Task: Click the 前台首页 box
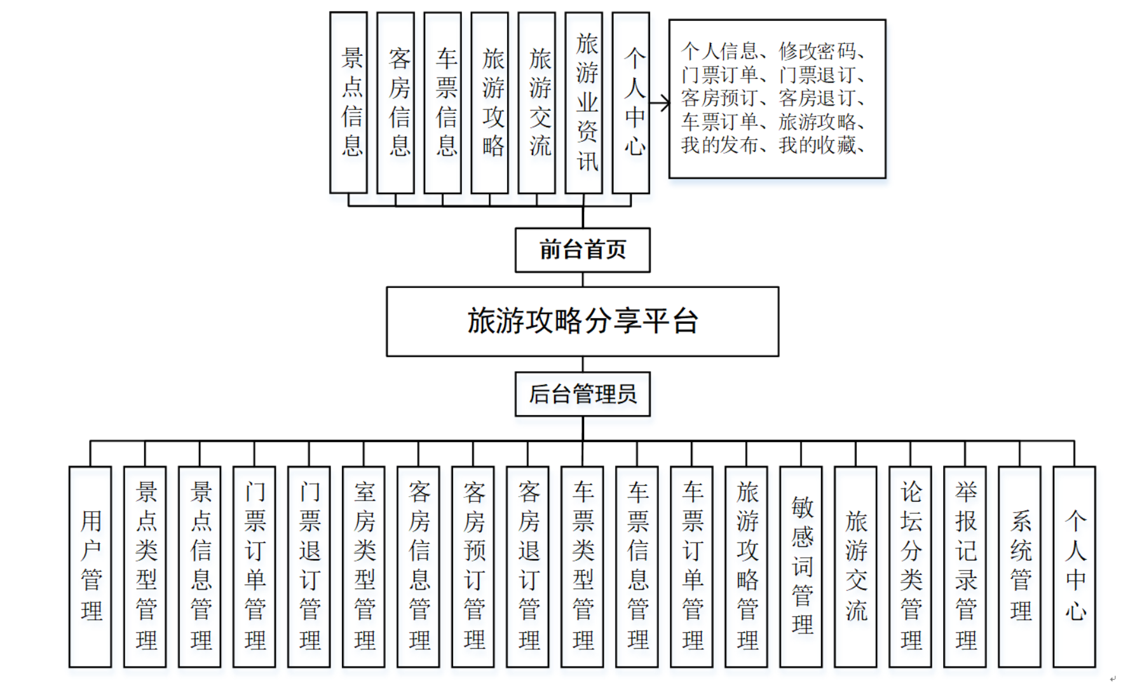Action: (x=582, y=250)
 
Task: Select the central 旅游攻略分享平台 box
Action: (x=582, y=321)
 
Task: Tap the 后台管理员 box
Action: (x=582, y=394)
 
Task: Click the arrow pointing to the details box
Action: (x=660, y=103)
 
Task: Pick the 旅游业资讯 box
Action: (x=583, y=103)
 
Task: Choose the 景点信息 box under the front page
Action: (x=348, y=103)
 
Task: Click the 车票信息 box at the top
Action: (x=442, y=103)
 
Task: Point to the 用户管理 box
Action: (x=90, y=566)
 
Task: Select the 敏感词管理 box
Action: (x=801, y=566)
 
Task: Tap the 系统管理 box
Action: (x=1019, y=566)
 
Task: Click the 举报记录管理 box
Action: (x=965, y=566)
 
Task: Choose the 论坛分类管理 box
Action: (x=910, y=566)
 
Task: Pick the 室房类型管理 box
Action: (x=364, y=566)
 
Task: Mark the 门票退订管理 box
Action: (x=309, y=566)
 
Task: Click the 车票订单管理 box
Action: (x=691, y=566)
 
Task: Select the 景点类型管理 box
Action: (x=145, y=566)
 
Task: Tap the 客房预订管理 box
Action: (x=473, y=566)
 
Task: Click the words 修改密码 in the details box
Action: (x=817, y=51)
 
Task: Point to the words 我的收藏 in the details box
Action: (x=817, y=145)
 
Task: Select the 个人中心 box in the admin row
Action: (x=1074, y=566)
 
